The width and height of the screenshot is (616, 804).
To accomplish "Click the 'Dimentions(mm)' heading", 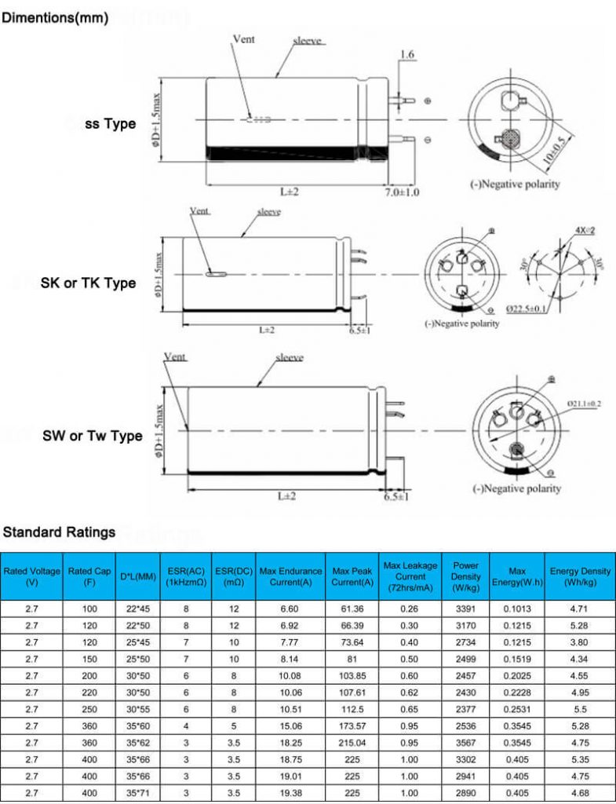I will click(x=55, y=16).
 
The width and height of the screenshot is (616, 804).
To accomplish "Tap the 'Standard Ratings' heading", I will click(x=59, y=532).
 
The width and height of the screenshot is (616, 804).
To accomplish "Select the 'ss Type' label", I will click(x=111, y=124).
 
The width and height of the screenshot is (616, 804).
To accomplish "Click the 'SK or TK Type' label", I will click(x=88, y=283).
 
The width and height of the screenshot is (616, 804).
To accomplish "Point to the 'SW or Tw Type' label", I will click(x=93, y=436).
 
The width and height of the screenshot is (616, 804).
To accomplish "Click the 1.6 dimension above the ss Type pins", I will click(x=406, y=54).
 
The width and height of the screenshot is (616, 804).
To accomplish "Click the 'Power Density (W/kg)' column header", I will click(x=465, y=576).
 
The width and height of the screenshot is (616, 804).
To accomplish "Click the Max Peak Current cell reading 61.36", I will click(x=352, y=608).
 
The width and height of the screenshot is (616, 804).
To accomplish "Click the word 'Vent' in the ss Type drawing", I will click(x=244, y=38).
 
